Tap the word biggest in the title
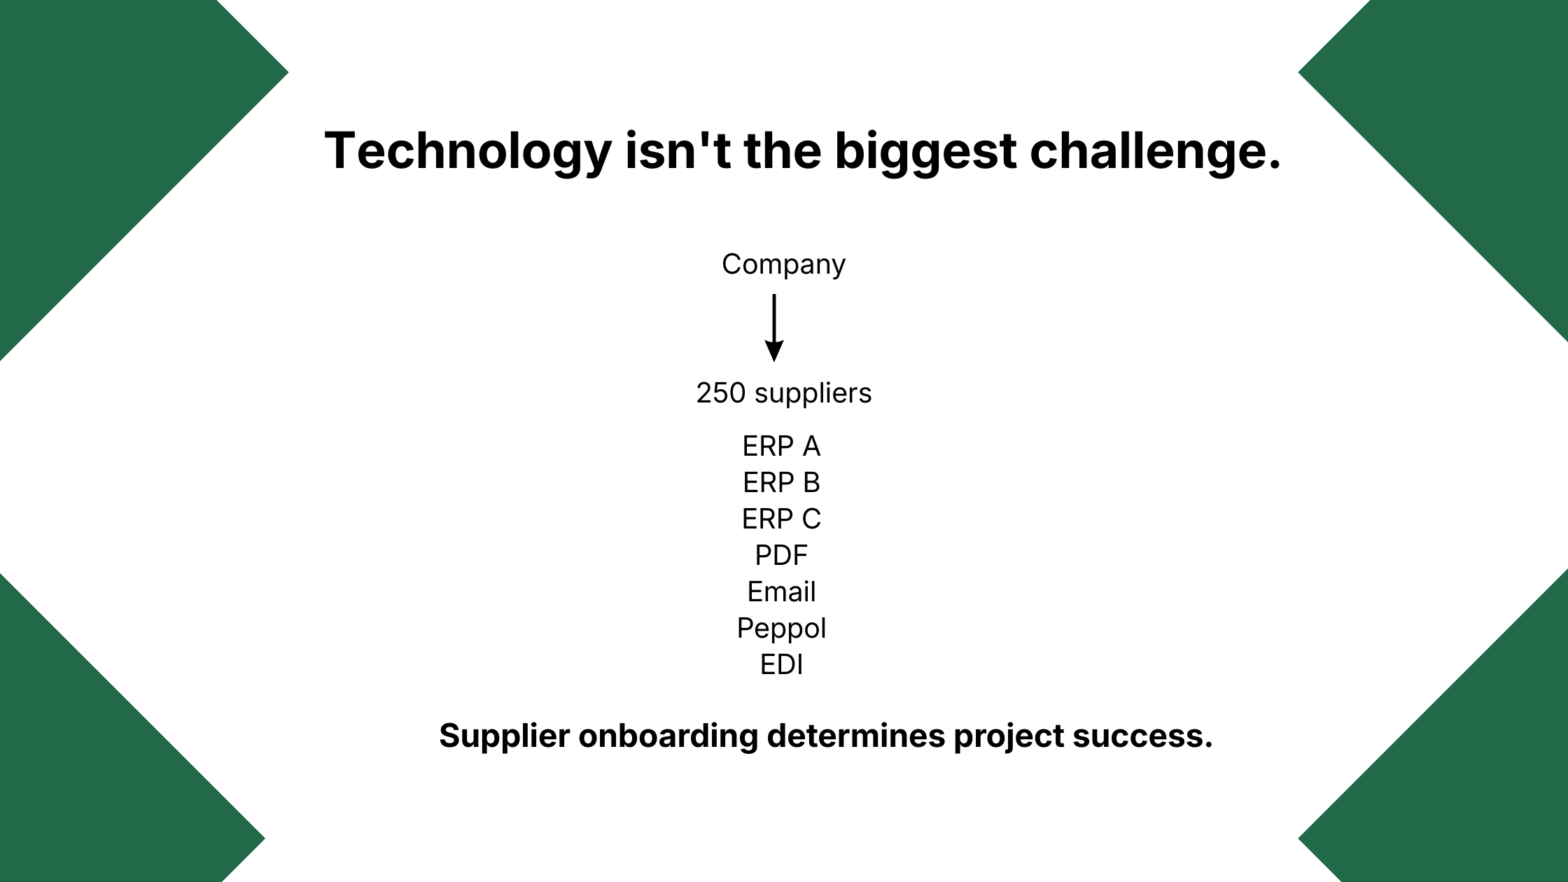925,152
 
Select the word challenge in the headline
1149,152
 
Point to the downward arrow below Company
773,328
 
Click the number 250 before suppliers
721,393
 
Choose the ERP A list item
781,447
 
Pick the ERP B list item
781,483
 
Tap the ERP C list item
781,519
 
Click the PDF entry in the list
781,556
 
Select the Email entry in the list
781,592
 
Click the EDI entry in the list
781,665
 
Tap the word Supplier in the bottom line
504,737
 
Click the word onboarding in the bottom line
668,736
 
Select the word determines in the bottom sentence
856,736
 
